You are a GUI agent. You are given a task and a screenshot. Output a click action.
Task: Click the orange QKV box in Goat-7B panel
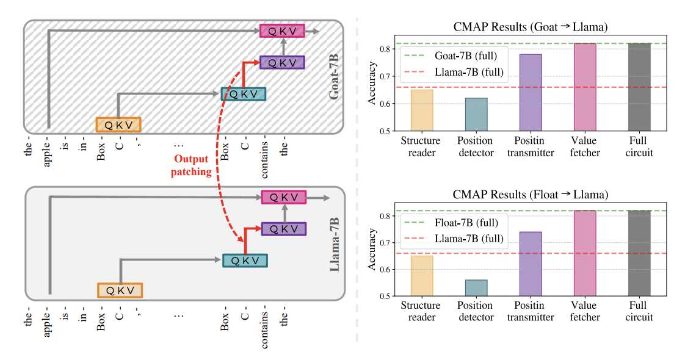point(118,124)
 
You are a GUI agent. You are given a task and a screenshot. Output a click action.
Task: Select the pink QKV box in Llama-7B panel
point(283,197)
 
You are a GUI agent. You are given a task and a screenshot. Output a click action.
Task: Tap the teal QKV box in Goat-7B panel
point(244,93)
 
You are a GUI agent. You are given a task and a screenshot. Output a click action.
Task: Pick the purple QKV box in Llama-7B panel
point(283,229)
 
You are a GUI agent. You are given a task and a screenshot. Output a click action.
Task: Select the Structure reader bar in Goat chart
point(422,110)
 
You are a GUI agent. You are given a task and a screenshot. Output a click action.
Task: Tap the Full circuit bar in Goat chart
point(639,87)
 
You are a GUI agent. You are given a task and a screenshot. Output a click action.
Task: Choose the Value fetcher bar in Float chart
point(584,253)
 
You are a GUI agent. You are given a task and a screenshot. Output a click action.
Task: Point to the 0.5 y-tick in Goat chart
point(385,131)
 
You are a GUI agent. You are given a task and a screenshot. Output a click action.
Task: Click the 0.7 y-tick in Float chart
point(385,243)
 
